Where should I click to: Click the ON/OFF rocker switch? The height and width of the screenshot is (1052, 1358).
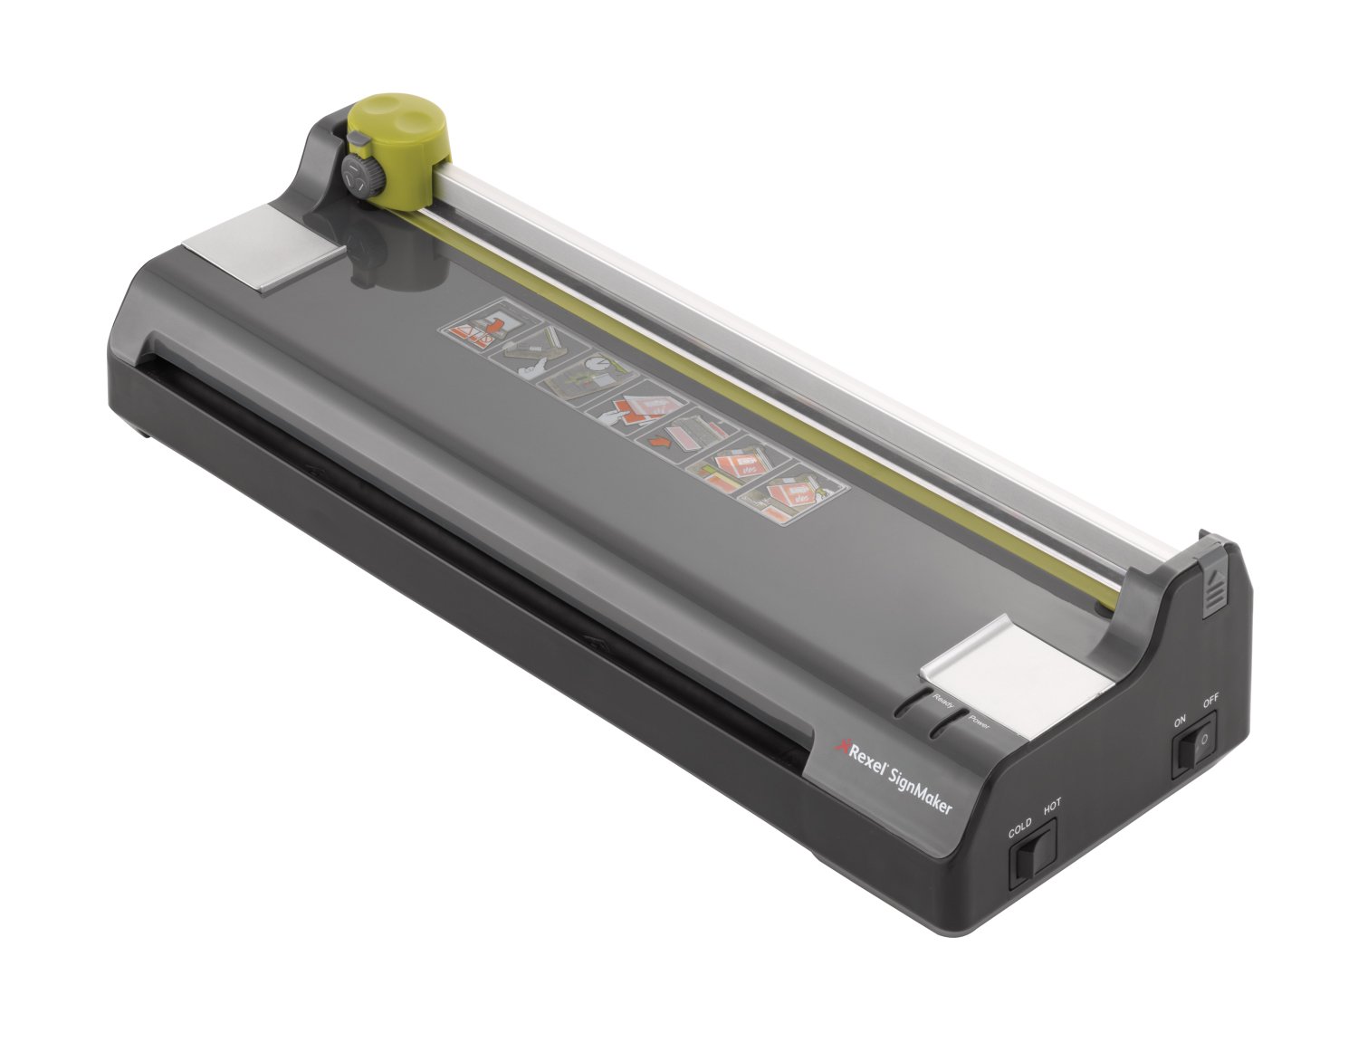click(1194, 744)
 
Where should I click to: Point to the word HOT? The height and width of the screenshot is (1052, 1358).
click(1052, 810)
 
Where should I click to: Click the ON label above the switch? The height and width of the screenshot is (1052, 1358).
click(1180, 722)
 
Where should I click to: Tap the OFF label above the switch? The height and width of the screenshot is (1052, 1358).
click(1211, 702)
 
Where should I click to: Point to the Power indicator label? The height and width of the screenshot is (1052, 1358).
click(980, 722)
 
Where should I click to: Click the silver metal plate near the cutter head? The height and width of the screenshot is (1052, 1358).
click(261, 246)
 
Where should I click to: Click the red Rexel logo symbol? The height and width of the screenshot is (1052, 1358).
click(838, 745)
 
